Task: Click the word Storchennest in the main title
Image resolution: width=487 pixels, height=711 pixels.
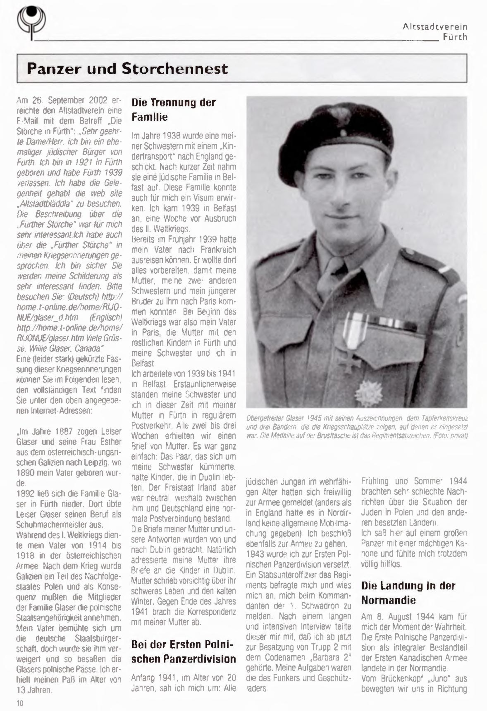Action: coord(175,69)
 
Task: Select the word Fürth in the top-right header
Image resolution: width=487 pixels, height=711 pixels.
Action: coord(455,37)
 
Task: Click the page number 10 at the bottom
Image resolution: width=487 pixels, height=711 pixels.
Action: coord(20,703)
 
